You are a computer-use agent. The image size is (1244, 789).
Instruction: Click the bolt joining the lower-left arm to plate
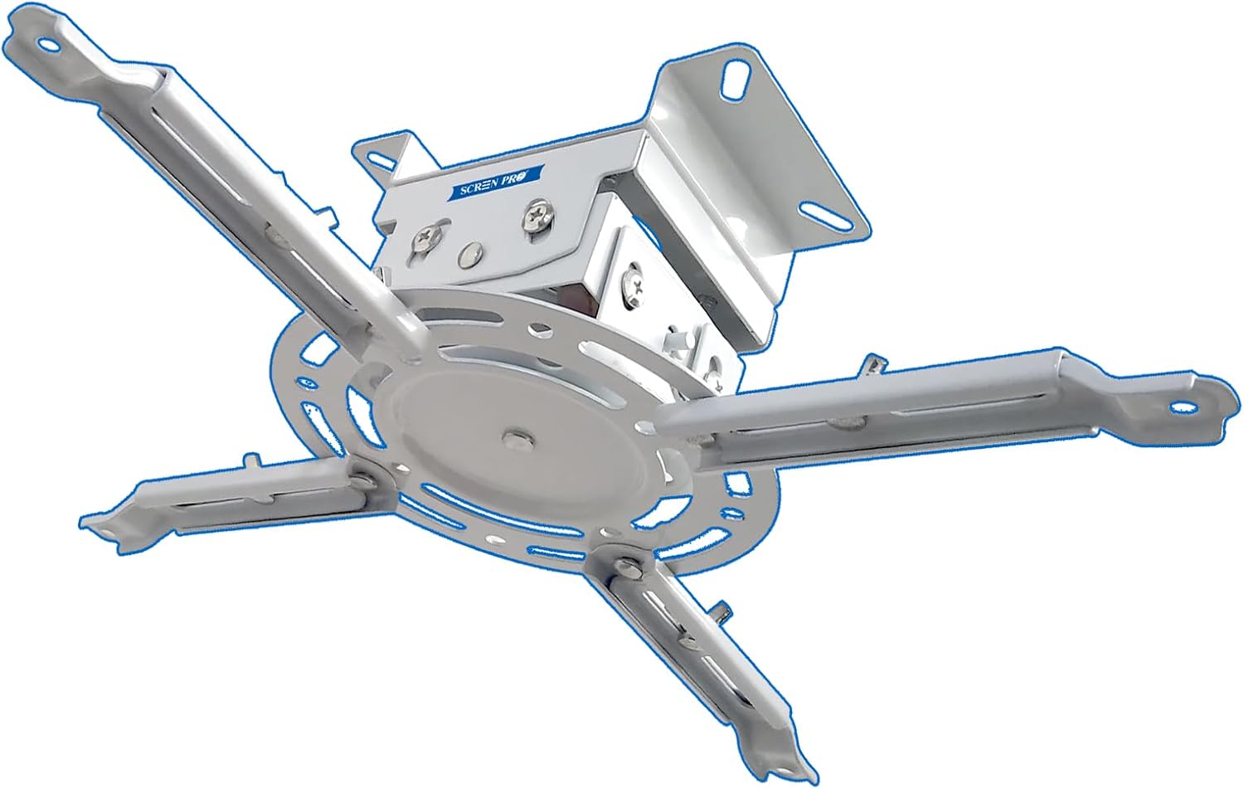362,476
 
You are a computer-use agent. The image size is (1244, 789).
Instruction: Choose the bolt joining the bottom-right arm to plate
629,567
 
